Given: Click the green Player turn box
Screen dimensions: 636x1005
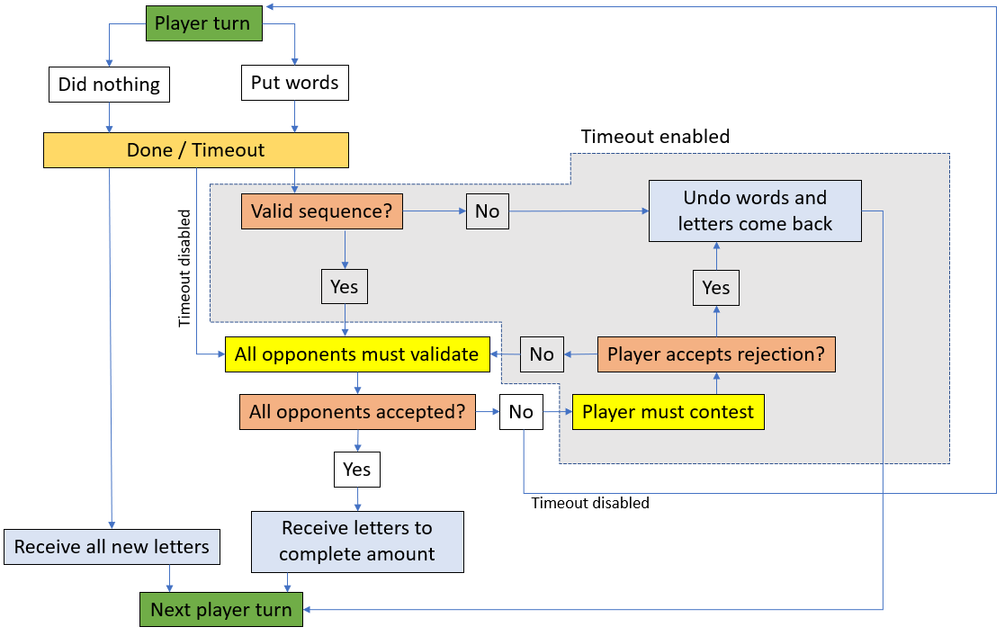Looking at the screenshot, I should click(x=203, y=23).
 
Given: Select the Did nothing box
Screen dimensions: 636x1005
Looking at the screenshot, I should click(x=109, y=85).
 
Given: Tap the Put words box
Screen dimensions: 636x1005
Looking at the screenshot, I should click(x=294, y=83).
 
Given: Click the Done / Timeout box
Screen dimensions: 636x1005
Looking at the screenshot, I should click(x=195, y=150).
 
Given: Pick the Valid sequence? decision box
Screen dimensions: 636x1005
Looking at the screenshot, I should click(x=321, y=211).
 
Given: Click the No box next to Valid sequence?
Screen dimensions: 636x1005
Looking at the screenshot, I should click(x=487, y=211).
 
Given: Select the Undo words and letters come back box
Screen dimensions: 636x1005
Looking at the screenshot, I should click(x=754, y=211).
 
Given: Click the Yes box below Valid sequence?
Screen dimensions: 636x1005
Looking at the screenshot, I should click(x=344, y=287).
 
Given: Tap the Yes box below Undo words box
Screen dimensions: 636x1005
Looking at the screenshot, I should click(x=715, y=288).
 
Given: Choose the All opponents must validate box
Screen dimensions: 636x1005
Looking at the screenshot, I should click(x=356, y=354).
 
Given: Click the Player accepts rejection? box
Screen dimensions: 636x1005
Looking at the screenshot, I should click(x=716, y=354).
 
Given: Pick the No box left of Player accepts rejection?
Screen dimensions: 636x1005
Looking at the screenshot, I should click(x=542, y=354).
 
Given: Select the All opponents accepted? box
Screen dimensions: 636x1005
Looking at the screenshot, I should click(x=356, y=412).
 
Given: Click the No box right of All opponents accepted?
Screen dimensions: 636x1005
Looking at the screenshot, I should click(x=521, y=412).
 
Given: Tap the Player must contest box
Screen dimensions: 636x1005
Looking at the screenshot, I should click(x=668, y=412).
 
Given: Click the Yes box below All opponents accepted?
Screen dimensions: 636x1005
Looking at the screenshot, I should click(x=356, y=470).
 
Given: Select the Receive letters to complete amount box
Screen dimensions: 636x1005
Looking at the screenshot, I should click(x=356, y=542).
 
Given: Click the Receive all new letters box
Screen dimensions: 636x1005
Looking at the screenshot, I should click(x=112, y=547).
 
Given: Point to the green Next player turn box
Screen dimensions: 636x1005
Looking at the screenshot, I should click(x=220, y=610).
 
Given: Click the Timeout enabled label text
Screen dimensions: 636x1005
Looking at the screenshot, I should click(x=655, y=137).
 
